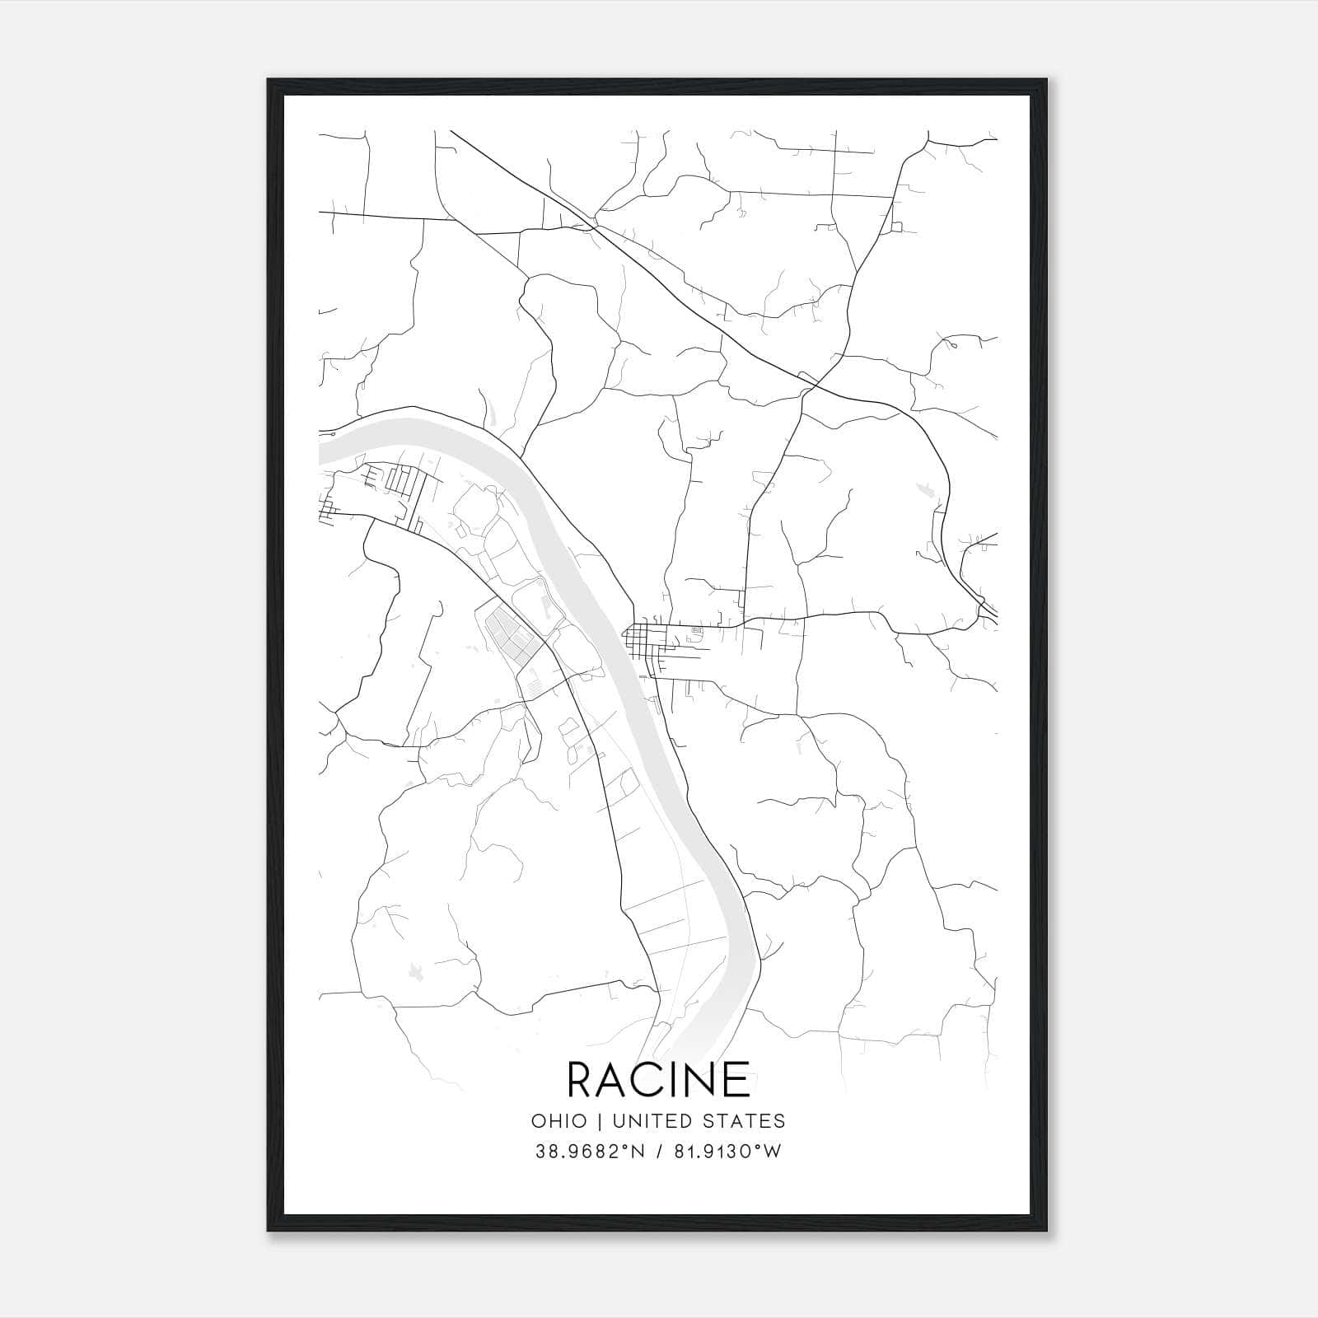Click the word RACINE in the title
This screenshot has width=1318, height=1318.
point(658,1079)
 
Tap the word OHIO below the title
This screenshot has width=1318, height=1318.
point(559,1121)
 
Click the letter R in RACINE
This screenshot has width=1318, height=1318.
point(582,1079)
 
